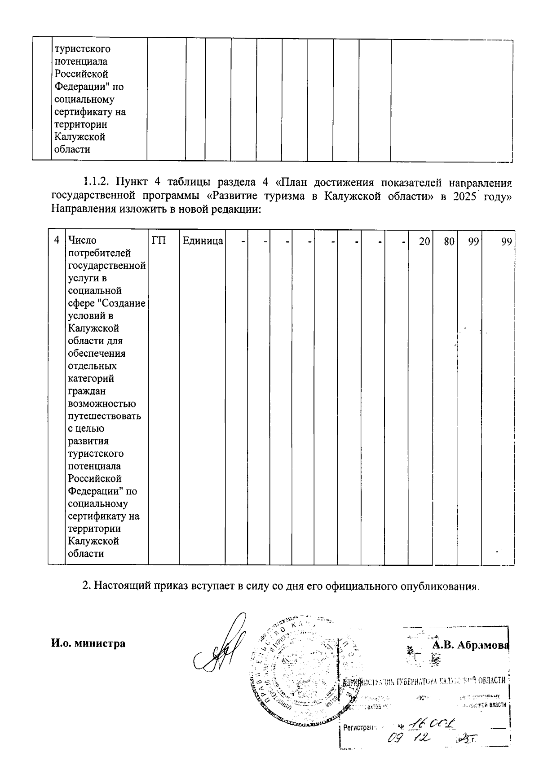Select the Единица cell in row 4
(203, 241)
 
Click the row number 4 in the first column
(57, 241)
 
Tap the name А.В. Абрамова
(470, 645)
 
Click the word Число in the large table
(80, 241)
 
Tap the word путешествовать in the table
(105, 416)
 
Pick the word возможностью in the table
(102, 403)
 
